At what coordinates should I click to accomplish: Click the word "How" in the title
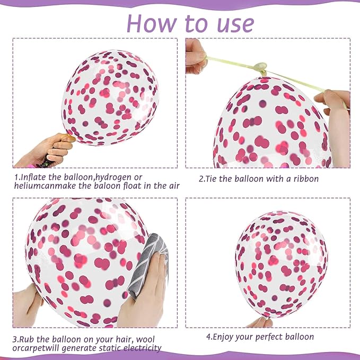click(x=152, y=23)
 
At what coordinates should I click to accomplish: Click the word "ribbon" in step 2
click(x=306, y=179)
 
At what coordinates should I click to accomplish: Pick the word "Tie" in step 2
click(x=210, y=179)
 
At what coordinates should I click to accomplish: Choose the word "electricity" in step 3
click(x=142, y=348)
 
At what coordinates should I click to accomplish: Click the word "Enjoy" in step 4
click(x=222, y=337)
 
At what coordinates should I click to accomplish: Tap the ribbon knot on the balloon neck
click(x=260, y=67)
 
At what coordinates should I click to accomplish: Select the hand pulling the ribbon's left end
click(x=196, y=57)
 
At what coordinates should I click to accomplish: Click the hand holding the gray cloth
click(x=142, y=292)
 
